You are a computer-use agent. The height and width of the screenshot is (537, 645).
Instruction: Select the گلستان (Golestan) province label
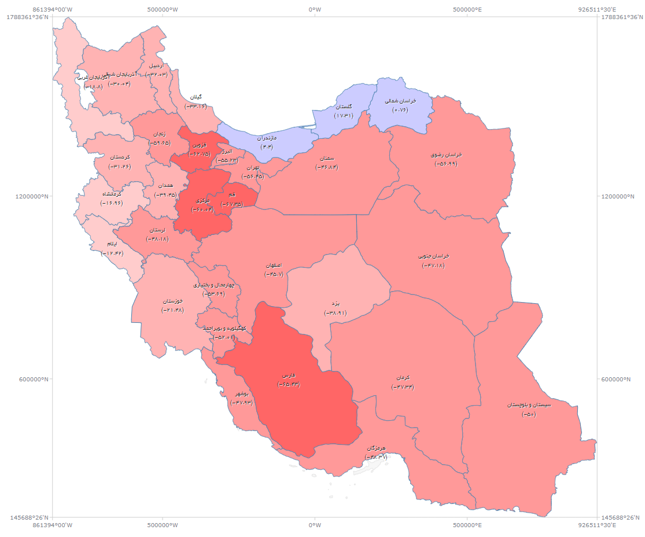(x=344, y=107)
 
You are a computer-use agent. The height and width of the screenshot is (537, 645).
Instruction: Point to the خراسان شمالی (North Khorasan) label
(x=400, y=101)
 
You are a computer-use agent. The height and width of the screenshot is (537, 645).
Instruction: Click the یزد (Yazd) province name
(x=335, y=304)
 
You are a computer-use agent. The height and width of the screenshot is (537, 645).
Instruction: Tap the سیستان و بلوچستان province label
(x=529, y=405)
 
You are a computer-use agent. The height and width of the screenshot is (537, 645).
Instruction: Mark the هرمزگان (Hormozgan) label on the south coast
(x=376, y=448)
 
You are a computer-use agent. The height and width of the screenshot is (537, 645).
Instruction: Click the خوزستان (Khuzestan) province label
(x=172, y=301)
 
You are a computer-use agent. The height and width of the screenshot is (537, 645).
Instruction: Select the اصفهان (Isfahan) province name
(x=274, y=266)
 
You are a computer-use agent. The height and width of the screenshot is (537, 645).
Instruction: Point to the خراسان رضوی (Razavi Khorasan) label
(x=446, y=155)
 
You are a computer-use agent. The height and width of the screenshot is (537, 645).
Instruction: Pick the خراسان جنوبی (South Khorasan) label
(x=433, y=256)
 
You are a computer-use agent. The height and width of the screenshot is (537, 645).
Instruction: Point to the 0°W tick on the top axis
(x=315, y=9)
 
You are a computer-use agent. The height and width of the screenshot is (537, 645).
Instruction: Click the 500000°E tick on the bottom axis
(x=467, y=525)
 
